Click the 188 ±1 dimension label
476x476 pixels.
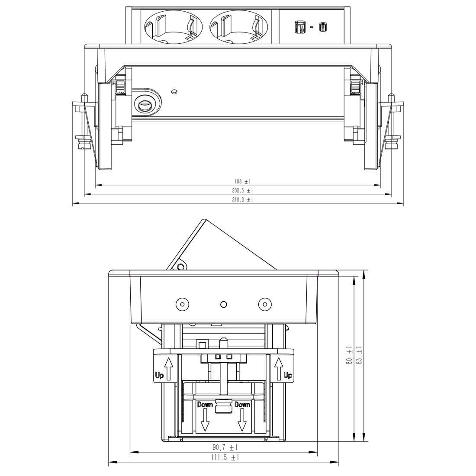(x=238, y=182)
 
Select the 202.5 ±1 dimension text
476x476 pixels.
(x=238, y=190)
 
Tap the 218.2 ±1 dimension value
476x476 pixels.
(x=238, y=200)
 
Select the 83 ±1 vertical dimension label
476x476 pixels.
(x=359, y=356)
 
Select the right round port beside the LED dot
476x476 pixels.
(x=322, y=27)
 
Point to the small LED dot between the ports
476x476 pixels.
(x=311, y=27)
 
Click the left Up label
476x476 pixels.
(x=159, y=375)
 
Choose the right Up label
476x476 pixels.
(x=288, y=375)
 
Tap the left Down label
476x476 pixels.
(x=205, y=405)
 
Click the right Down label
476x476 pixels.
(x=242, y=405)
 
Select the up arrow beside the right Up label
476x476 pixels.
(x=278, y=368)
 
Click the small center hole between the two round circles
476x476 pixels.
(x=223, y=305)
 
